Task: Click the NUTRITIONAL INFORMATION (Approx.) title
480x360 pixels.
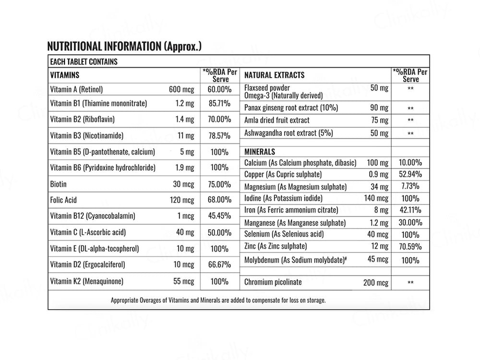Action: (124, 47)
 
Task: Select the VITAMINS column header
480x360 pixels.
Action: (65, 75)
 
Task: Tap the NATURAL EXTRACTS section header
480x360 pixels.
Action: (274, 75)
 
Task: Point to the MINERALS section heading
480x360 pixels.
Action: (260, 152)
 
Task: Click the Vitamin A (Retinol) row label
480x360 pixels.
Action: (76, 89)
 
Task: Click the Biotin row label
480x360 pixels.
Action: (58, 184)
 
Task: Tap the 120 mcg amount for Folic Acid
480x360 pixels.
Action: (182, 200)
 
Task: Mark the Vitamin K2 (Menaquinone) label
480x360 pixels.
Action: (86, 281)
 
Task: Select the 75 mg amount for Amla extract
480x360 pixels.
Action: (379, 120)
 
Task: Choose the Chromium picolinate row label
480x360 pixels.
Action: (273, 282)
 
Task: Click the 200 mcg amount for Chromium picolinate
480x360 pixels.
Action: (375, 283)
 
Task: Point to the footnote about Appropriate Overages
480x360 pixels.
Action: (218, 300)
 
